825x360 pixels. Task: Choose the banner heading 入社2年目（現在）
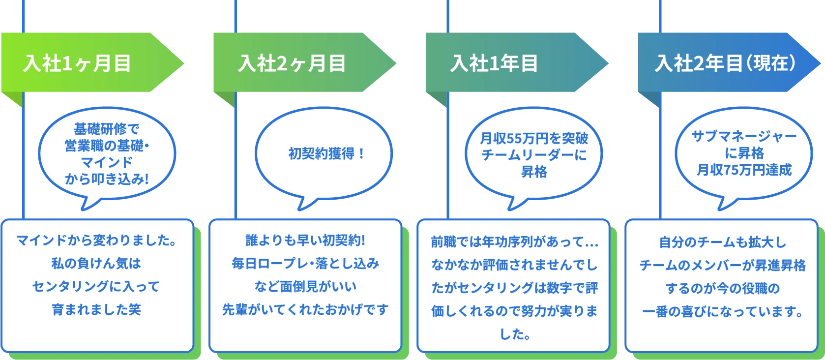tap(725, 63)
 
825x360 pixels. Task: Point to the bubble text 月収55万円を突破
tap(534, 139)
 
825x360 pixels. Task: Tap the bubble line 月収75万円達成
tap(744, 170)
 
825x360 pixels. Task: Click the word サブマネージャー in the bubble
tap(744, 136)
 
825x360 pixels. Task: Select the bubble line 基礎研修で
tap(107, 129)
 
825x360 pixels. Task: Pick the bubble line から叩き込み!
tap(107, 179)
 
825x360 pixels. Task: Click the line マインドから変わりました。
tap(96, 240)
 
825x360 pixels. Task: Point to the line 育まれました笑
tap(96, 309)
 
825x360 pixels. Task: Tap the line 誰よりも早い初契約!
tap(305, 240)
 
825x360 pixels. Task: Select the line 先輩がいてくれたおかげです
tap(305, 309)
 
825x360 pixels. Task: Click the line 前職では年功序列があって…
tap(514, 242)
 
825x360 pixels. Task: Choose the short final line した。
tap(515, 334)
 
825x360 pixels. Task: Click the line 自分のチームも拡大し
tap(723, 242)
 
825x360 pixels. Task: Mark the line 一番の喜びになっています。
tap(723, 312)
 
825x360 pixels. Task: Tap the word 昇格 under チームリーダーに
tap(534, 172)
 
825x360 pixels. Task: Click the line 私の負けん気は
tap(96, 264)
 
